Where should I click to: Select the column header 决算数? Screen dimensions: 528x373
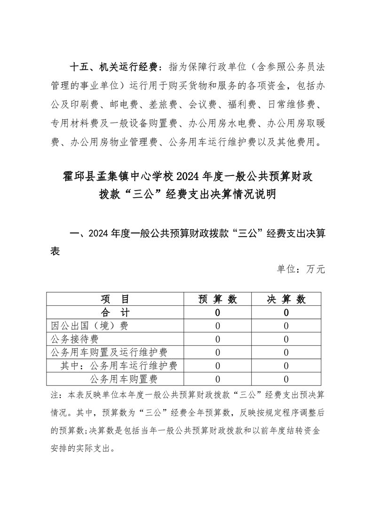click(286, 299)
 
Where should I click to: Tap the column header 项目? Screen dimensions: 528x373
click(115, 299)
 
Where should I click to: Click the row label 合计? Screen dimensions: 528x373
click(115, 312)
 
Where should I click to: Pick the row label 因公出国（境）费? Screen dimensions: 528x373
click(89, 326)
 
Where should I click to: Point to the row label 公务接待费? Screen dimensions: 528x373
click(74, 339)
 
